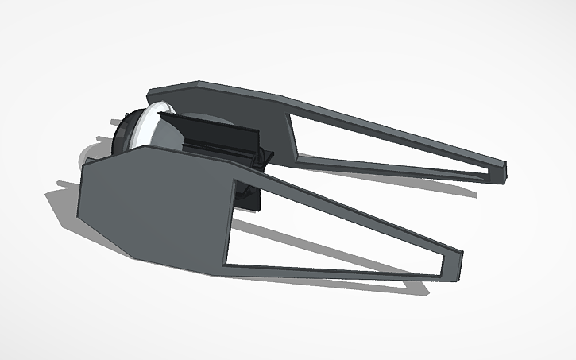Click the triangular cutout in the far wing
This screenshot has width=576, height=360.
381,147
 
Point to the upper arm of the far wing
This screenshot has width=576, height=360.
397,127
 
